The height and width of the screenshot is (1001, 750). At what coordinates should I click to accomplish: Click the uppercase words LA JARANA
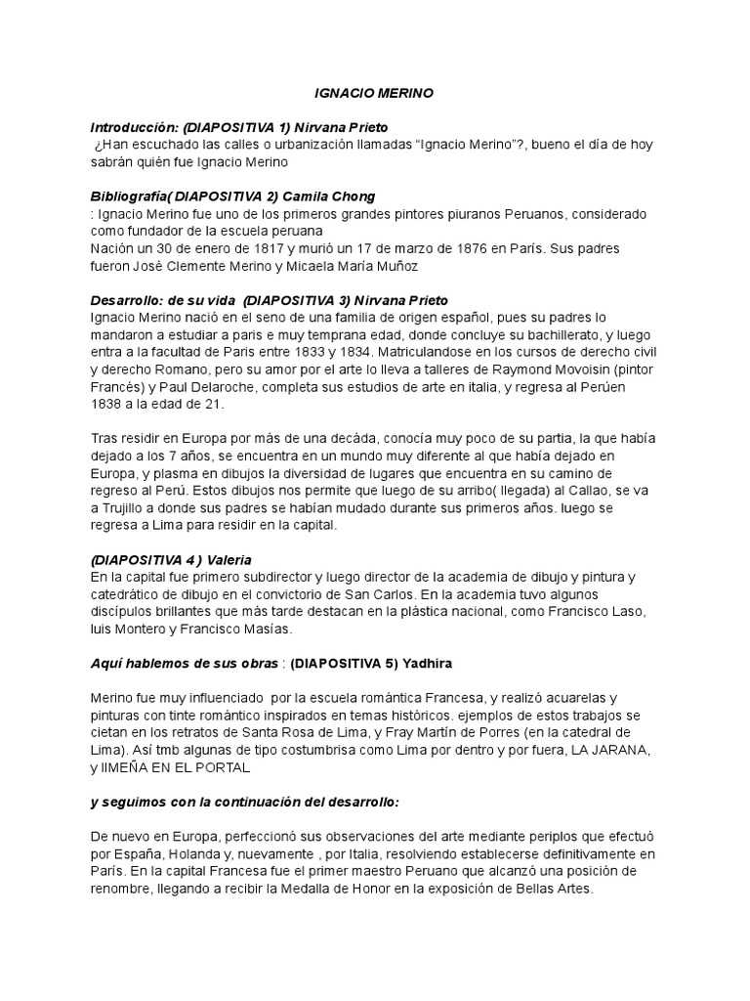coord(606,750)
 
